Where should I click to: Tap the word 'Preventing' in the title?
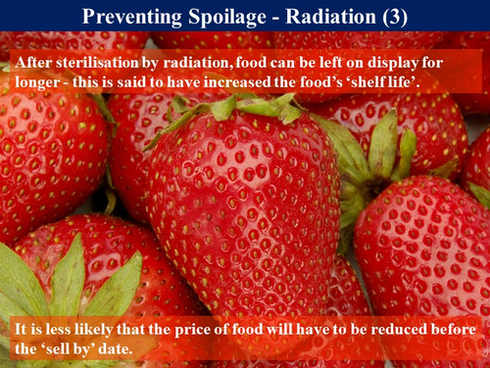coord(130,16)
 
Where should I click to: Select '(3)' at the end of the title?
coord(392,16)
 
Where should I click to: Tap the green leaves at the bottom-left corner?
coord(59,285)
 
